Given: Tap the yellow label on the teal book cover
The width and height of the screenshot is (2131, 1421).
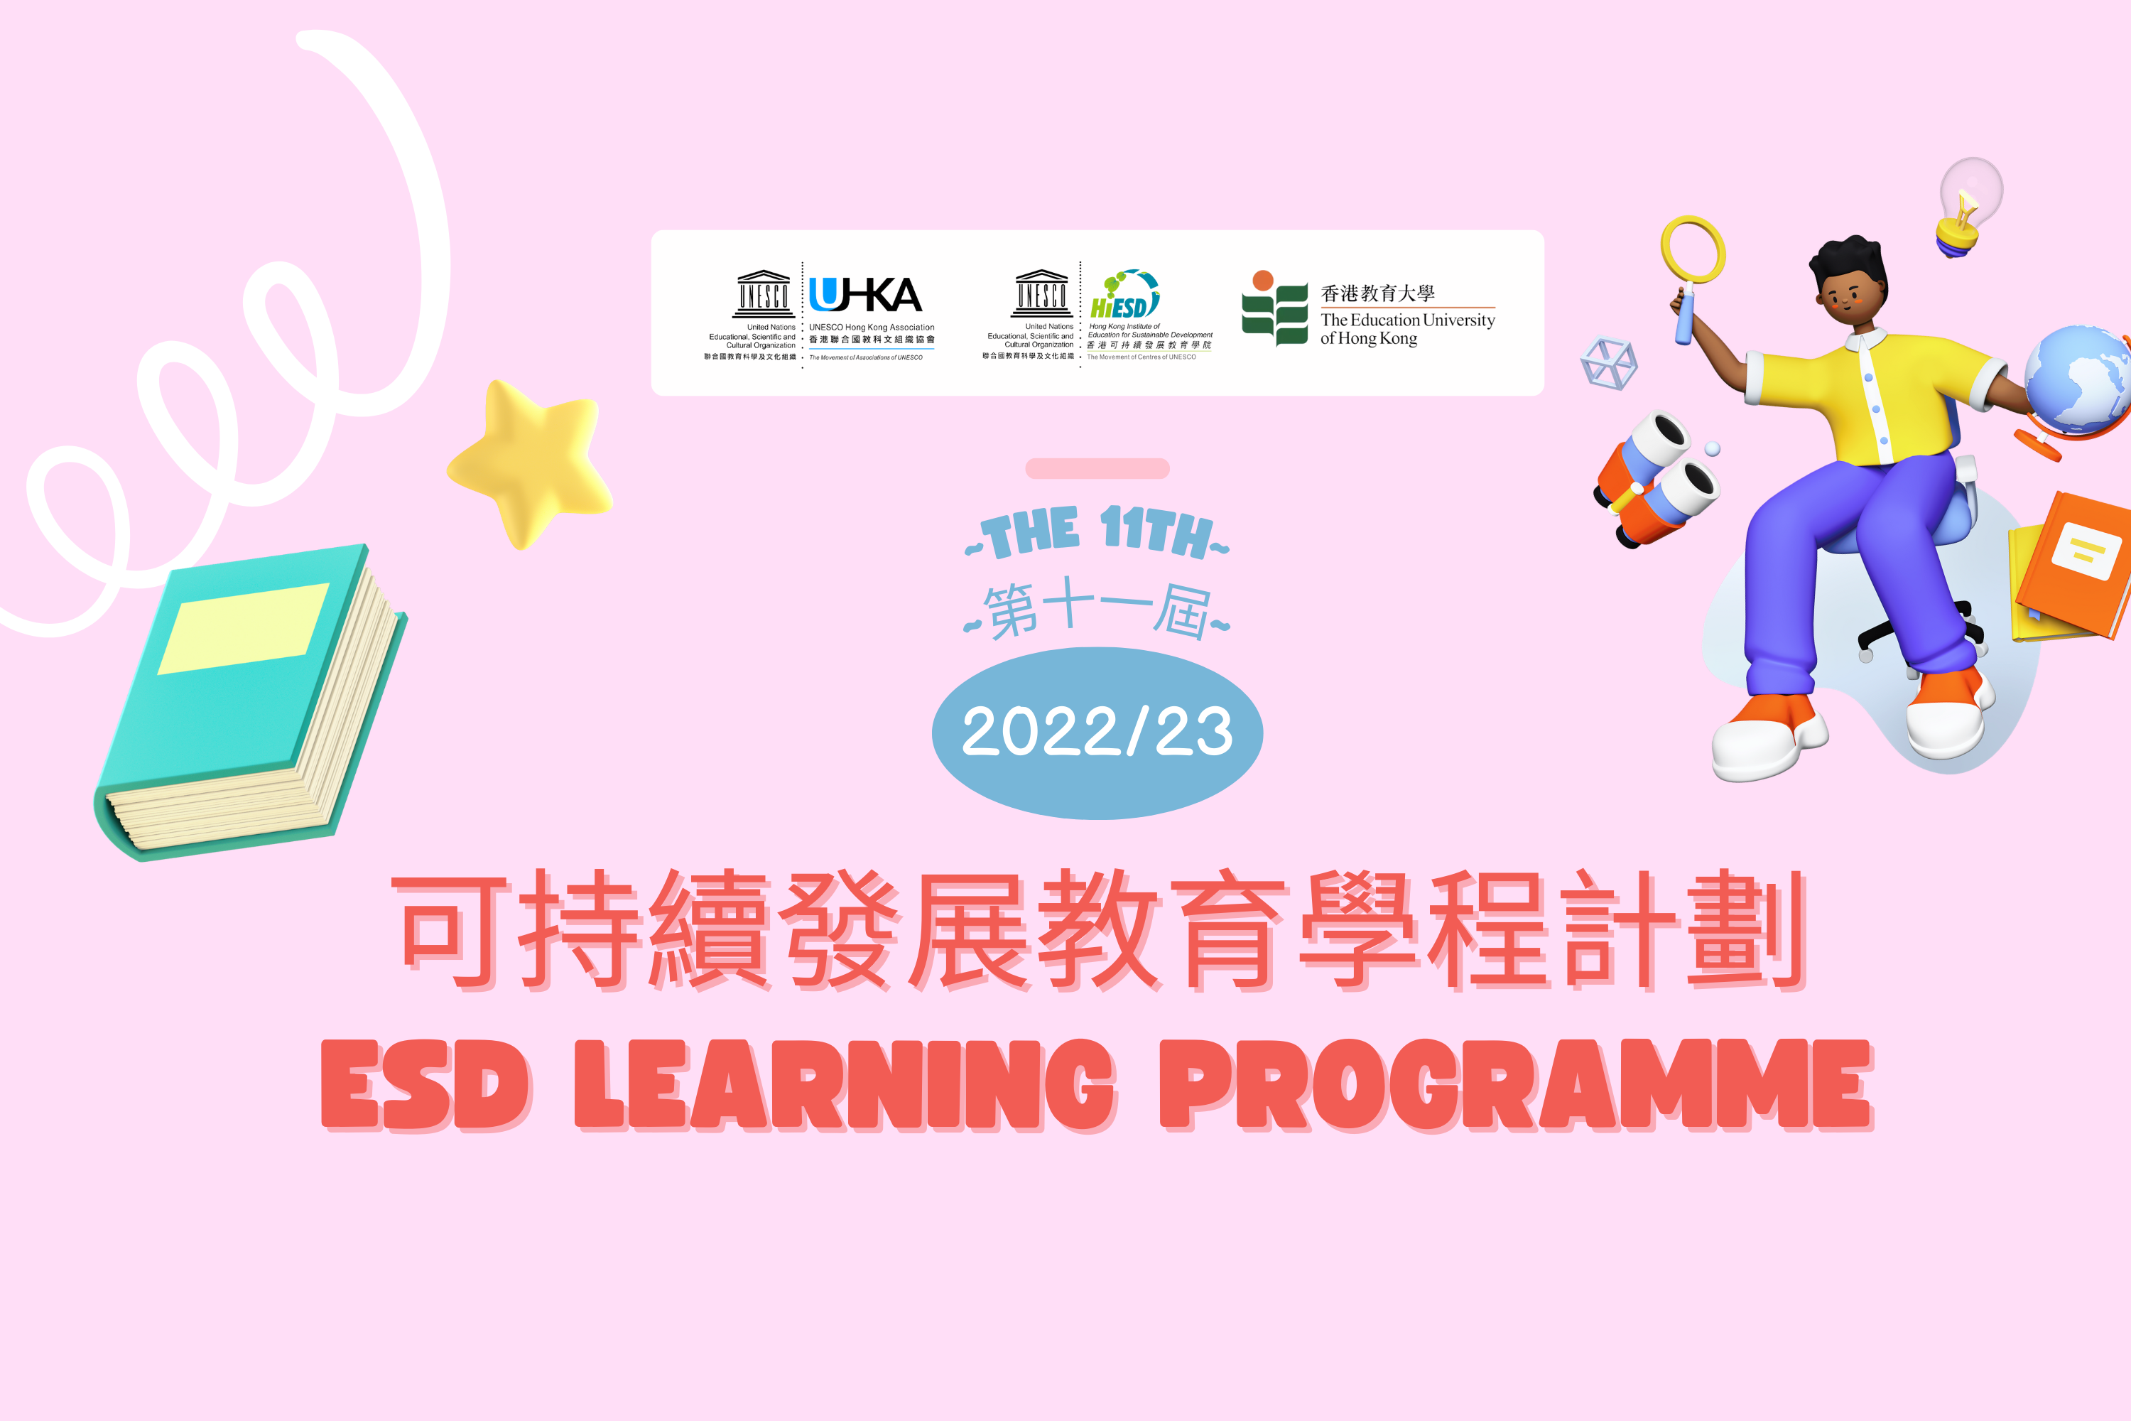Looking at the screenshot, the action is [244, 628].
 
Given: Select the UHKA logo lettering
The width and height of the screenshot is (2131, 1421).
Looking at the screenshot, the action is [865, 295].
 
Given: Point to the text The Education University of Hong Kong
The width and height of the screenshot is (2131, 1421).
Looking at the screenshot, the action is [1407, 329].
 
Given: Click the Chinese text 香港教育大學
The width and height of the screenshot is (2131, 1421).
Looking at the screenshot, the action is [1377, 293].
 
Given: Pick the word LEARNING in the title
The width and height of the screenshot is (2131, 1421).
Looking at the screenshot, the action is [845, 1084].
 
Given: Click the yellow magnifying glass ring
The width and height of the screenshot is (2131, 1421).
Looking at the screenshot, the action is [1693, 249].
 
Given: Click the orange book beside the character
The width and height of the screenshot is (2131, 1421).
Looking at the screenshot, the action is [2075, 566].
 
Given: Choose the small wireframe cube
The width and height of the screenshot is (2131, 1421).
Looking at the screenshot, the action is [1608, 362].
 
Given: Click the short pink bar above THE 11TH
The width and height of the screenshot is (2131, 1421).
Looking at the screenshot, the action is [1097, 468].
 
